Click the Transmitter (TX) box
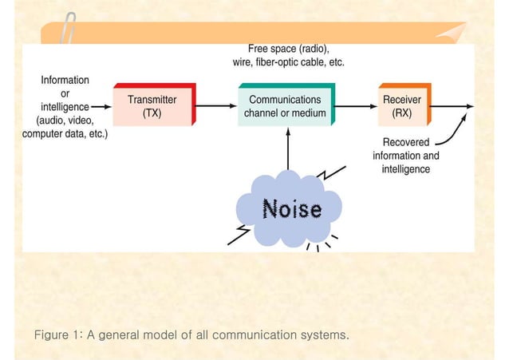tap(152, 106)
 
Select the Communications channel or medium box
tap(285, 106)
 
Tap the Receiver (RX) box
tap(402, 106)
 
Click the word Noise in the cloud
tap(293, 209)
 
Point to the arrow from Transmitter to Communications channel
tap(215, 105)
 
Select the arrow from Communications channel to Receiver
tap(357, 105)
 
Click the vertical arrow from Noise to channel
tap(288, 152)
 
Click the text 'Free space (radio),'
tap(288, 47)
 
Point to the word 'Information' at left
tap(65, 80)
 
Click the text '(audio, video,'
tap(65, 120)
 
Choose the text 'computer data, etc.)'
tap(65, 133)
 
